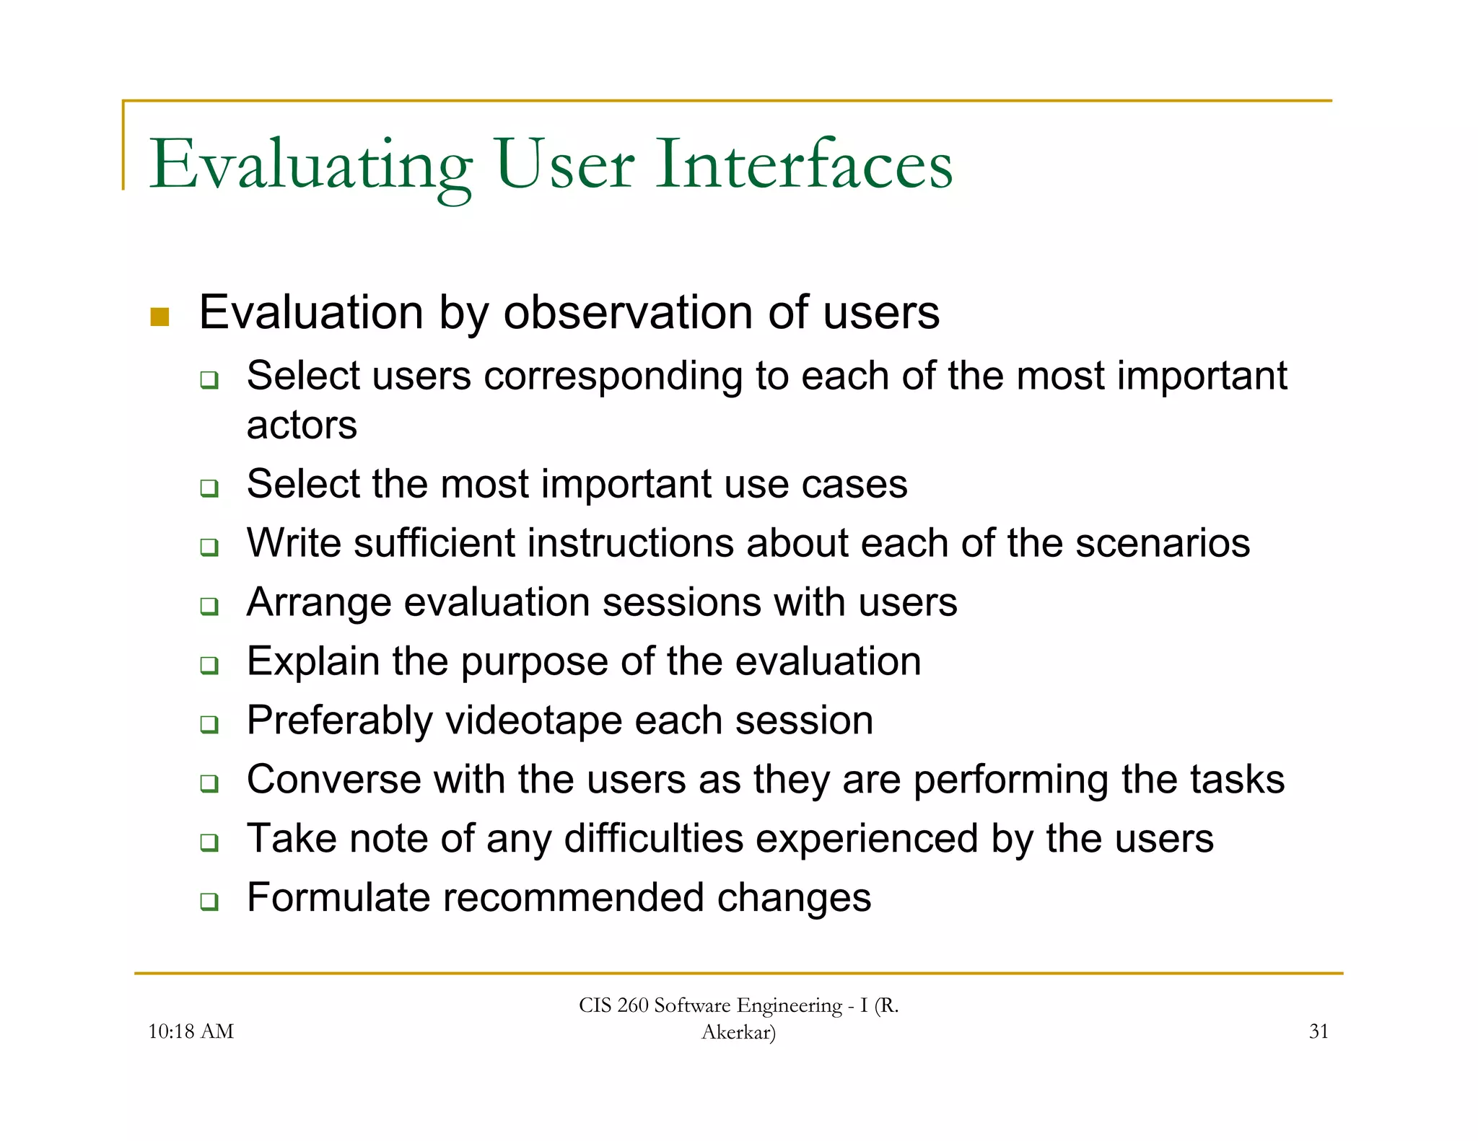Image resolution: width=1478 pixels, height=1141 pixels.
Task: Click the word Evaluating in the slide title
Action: (x=310, y=165)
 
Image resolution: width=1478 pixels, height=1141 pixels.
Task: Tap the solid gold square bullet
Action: (x=159, y=317)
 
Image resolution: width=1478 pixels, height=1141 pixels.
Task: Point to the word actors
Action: (x=302, y=426)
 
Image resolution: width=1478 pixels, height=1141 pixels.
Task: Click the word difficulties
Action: (x=653, y=839)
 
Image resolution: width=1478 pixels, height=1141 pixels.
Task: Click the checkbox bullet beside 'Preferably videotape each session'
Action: (x=209, y=723)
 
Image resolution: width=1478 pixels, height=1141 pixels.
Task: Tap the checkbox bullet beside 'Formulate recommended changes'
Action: (x=209, y=901)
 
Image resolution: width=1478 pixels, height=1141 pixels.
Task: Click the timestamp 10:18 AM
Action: (x=191, y=1031)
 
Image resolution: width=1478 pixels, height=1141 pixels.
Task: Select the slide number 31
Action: (x=1319, y=1031)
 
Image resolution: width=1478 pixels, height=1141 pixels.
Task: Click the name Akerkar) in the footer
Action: (x=738, y=1032)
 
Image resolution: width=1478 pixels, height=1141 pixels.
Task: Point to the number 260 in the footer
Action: (x=633, y=1005)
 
